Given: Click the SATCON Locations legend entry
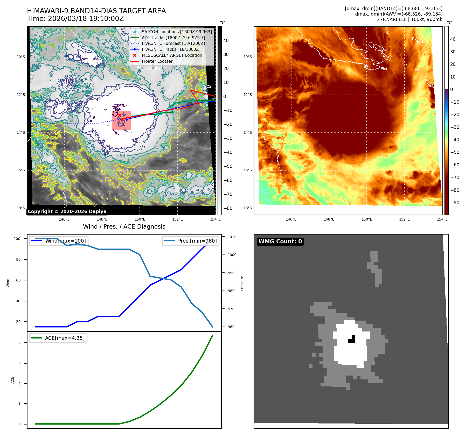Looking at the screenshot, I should pyautogui.click(x=177, y=32).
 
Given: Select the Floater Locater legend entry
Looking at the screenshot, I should pyautogui.click(x=157, y=61).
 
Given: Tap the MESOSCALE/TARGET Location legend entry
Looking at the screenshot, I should pyautogui.click(x=172, y=55).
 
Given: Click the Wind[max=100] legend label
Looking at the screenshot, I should pyautogui.click(x=65, y=241).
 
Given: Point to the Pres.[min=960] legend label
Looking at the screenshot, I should pyautogui.click(x=197, y=241).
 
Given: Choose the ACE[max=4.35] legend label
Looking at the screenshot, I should pyautogui.click(x=65, y=338).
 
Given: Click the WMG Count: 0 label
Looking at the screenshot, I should pyautogui.click(x=280, y=242).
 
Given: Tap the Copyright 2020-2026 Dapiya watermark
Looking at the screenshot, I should pyautogui.click(x=67, y=211).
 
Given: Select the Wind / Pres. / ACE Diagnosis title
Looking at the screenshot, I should pyautogui.click(x=124, y=227).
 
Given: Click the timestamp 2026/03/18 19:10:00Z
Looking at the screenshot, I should pyautogui.click(x=86, y=19).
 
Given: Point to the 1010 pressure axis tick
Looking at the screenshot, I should pyautogui.click(x=232, y=237).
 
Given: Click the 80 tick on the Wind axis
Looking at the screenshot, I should pyautogui.click(x=18, y=259).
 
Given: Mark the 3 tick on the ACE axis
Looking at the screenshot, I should pyautogui.click(x=19, y=363).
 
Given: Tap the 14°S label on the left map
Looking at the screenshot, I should pyautogui.click(x=21, y=132).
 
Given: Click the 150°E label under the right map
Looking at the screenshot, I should pyautogui.click(x=367, y=219).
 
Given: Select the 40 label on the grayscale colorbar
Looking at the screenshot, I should pyautogui.click(x=226, y=40).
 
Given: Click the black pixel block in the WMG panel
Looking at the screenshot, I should pyautogui.click(x=352, y=339).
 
